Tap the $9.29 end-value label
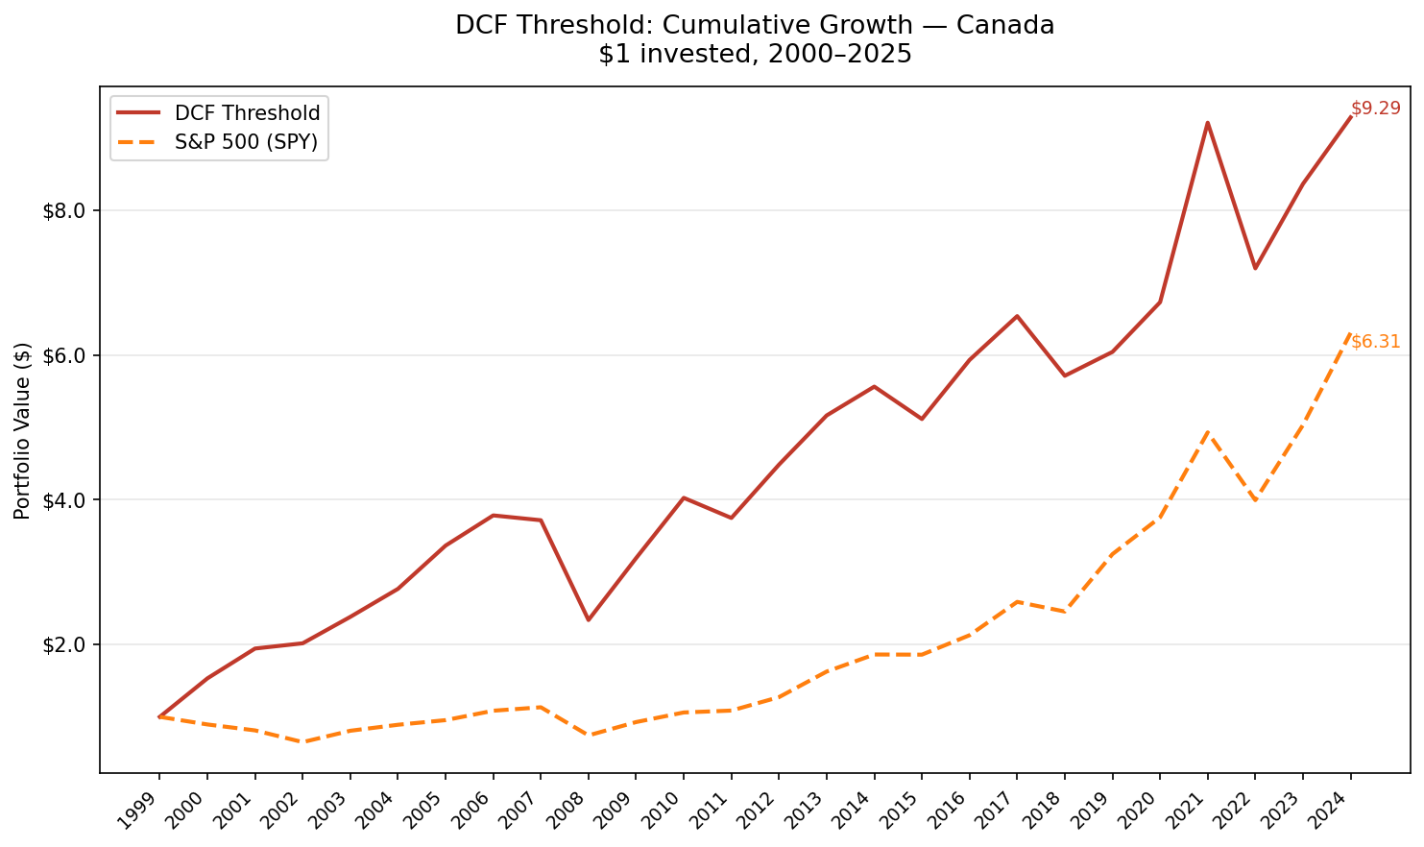pos(1375,109)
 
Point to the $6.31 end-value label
pos(1375,341)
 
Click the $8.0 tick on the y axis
pos(65,210)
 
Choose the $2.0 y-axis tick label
pos(65,644)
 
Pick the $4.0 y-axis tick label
pos(65,500)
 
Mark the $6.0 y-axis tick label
pos(65,355)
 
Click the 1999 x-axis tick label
pos(134,811)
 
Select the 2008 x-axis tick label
pos(564,811)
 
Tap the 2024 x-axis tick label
pos(1326,811)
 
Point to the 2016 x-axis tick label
pos(945,811)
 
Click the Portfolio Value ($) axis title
pos(23,430)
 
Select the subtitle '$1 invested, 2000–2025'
pos(755,55)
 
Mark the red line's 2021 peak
pos(1207,123)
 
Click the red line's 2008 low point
pos(588,619)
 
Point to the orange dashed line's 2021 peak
pos(1207,432)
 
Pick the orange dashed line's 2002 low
pos(302,741)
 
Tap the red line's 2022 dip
pos(1254,268)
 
